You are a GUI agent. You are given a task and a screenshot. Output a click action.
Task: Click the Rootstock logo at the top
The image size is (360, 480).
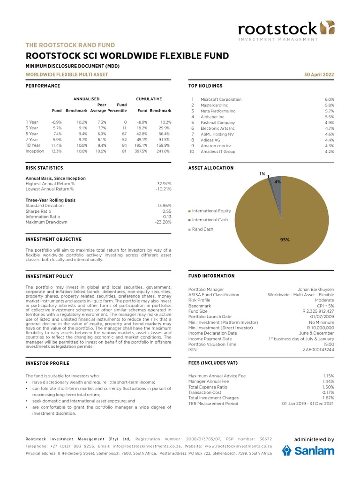point(286,30)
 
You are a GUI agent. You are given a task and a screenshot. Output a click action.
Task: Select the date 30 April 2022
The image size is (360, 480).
point(320,75)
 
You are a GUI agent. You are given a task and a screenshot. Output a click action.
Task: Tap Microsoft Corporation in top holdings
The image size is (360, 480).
point(221,99)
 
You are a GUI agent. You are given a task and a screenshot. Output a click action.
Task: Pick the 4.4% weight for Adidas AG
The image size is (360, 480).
point(329,140)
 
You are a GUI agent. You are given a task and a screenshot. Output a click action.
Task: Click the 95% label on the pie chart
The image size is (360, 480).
point(285,240)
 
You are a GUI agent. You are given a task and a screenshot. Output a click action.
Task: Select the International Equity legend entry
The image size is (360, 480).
point(211,211)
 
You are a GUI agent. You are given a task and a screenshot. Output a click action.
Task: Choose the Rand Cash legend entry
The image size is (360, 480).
point(202,229)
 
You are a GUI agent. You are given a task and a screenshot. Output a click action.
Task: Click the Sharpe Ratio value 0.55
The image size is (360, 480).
point(166,211)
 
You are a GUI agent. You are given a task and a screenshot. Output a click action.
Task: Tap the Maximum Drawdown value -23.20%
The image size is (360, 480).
point(163,222)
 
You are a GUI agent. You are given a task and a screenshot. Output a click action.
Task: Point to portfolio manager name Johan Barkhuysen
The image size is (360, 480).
point(316,289)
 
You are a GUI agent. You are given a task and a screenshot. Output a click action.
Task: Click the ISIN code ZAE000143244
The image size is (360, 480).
point(319,349)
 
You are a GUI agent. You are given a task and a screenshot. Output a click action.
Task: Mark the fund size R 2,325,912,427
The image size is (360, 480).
point(318,311)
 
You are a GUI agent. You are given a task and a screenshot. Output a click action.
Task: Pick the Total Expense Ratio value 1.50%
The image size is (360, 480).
point(329,387)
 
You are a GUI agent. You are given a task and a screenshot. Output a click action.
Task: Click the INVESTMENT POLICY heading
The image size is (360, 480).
point(49,277)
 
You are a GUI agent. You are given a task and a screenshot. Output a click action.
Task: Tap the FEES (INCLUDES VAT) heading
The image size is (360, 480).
point(212,363)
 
